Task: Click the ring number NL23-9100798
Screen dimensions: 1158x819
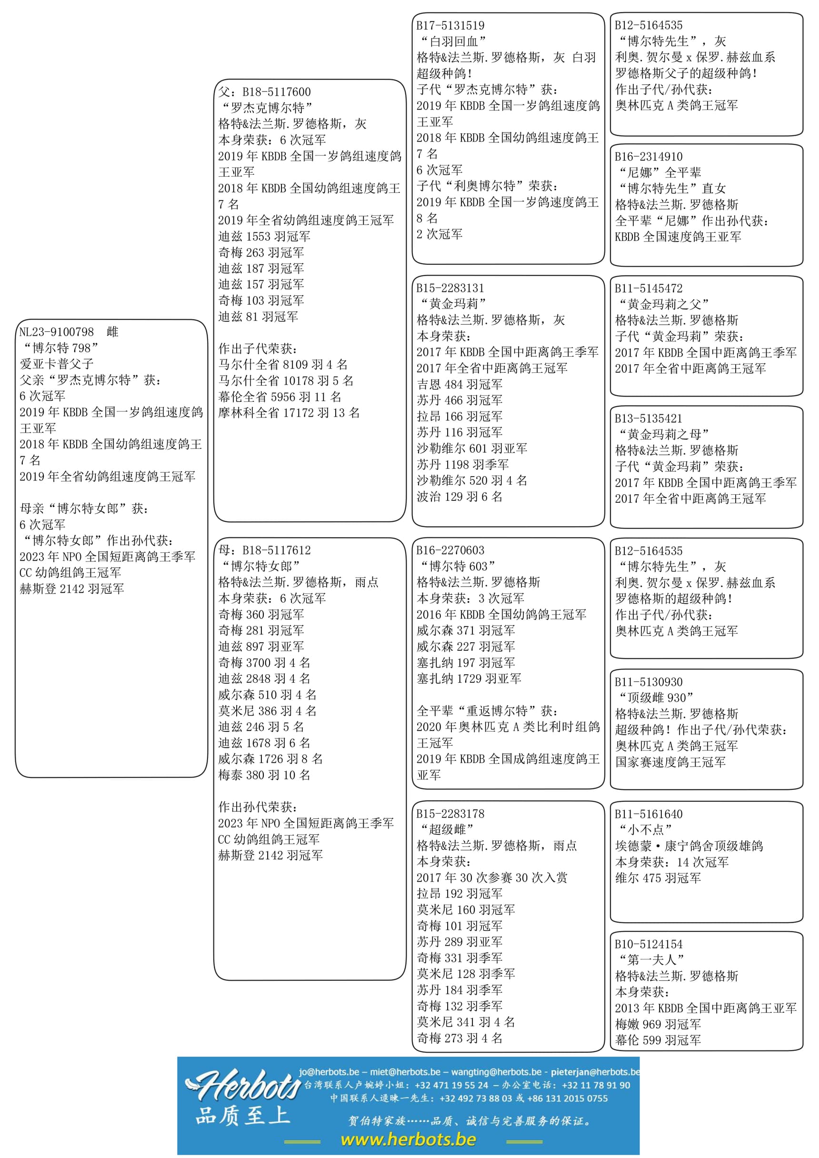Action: click(x=57, y=332)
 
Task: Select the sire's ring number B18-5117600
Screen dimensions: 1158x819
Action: click(x=276, y=92)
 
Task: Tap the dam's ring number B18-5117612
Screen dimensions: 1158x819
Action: click(x=276, y=550)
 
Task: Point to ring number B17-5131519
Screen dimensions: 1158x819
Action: click(x=450, y=25)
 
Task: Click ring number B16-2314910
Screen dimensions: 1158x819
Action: click(x=649, y=156)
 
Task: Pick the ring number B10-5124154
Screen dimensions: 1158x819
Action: click(x=649, y=944)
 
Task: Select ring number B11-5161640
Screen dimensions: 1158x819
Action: click(x=649, y=814)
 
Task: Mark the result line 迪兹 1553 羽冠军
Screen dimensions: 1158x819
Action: click(x=264, y=236)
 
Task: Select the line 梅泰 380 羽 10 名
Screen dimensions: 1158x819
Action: click(x=264, y=775)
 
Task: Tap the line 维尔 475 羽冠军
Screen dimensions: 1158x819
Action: click(x=658, y=878)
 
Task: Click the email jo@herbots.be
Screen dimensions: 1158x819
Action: click(x=329, y=1071)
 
